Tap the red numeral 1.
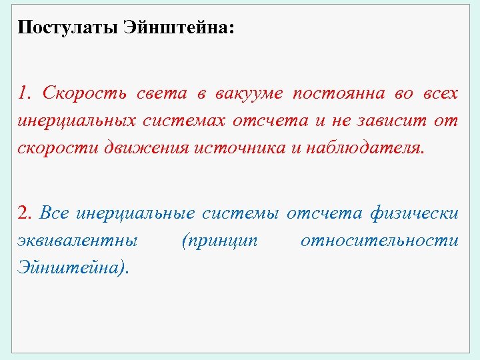point(25,93)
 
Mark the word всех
point(439,93)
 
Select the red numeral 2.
point(25,213)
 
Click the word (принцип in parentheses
point(219,241)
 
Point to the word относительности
point(379,241)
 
